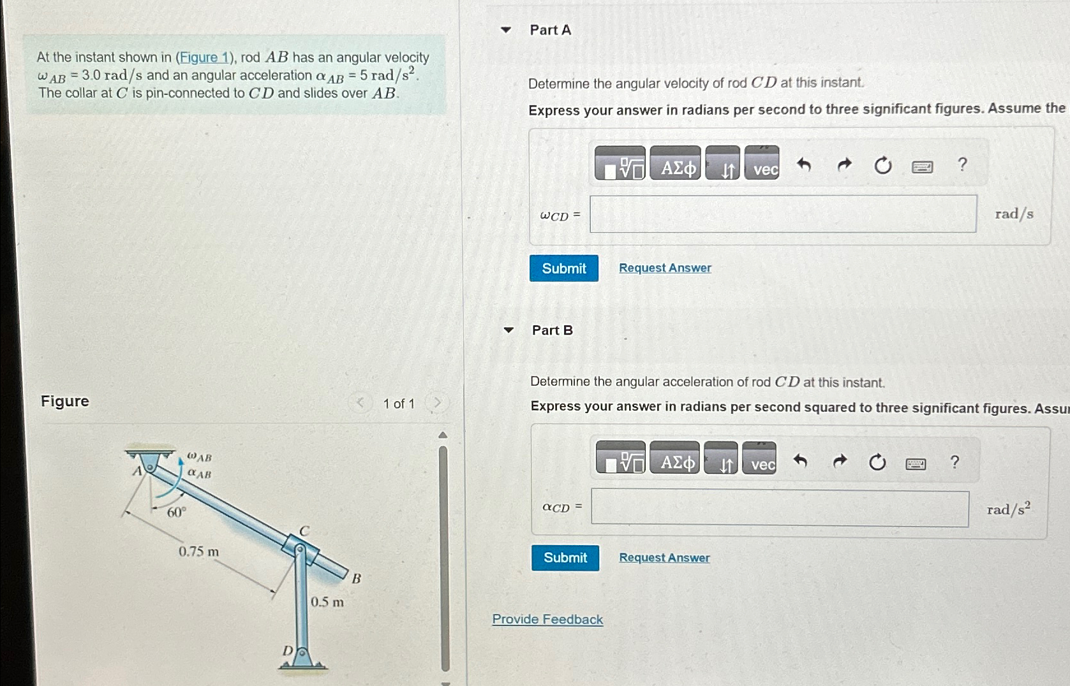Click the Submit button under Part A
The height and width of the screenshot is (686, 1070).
(x=563, y=268)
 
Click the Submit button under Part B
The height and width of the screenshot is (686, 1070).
(x=565, y=558)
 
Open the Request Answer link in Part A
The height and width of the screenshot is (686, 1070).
(x=665, y=268)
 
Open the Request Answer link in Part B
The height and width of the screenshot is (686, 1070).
(x=664, y=558)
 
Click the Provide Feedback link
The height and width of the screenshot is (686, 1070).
(x=547, y=620)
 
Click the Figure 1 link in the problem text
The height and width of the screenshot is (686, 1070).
(x=204, y=57)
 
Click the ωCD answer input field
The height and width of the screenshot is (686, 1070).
(x=782, y=214)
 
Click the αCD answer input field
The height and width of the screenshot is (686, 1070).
(x=779, y=508)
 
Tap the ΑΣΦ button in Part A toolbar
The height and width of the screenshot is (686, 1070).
(x=676, y=168)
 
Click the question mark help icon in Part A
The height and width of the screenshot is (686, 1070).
(x=962, y=165)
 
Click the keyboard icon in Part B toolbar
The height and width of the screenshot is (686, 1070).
(x=916, y=463)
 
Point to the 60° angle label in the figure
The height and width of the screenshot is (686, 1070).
(x=176, y=513)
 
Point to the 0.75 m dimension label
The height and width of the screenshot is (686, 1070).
(x=198, y=551)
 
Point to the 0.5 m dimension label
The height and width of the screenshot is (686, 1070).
(x=327, y=602)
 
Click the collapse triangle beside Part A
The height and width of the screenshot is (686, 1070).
(x=506, y=30)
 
